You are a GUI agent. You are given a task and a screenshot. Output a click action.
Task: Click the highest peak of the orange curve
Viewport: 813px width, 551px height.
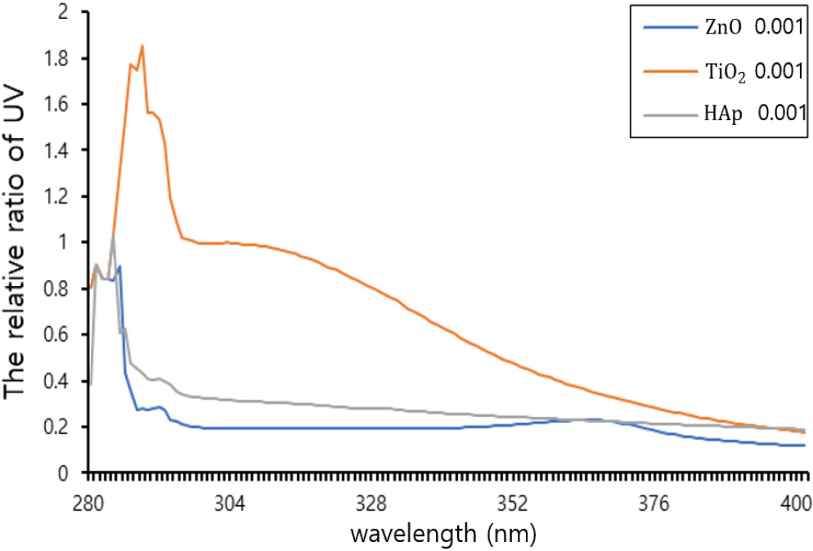pyautogui.click(x=142, y=46)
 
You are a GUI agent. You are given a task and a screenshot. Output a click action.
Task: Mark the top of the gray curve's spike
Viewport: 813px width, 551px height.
pyautogui.click(x=113, y=236)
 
